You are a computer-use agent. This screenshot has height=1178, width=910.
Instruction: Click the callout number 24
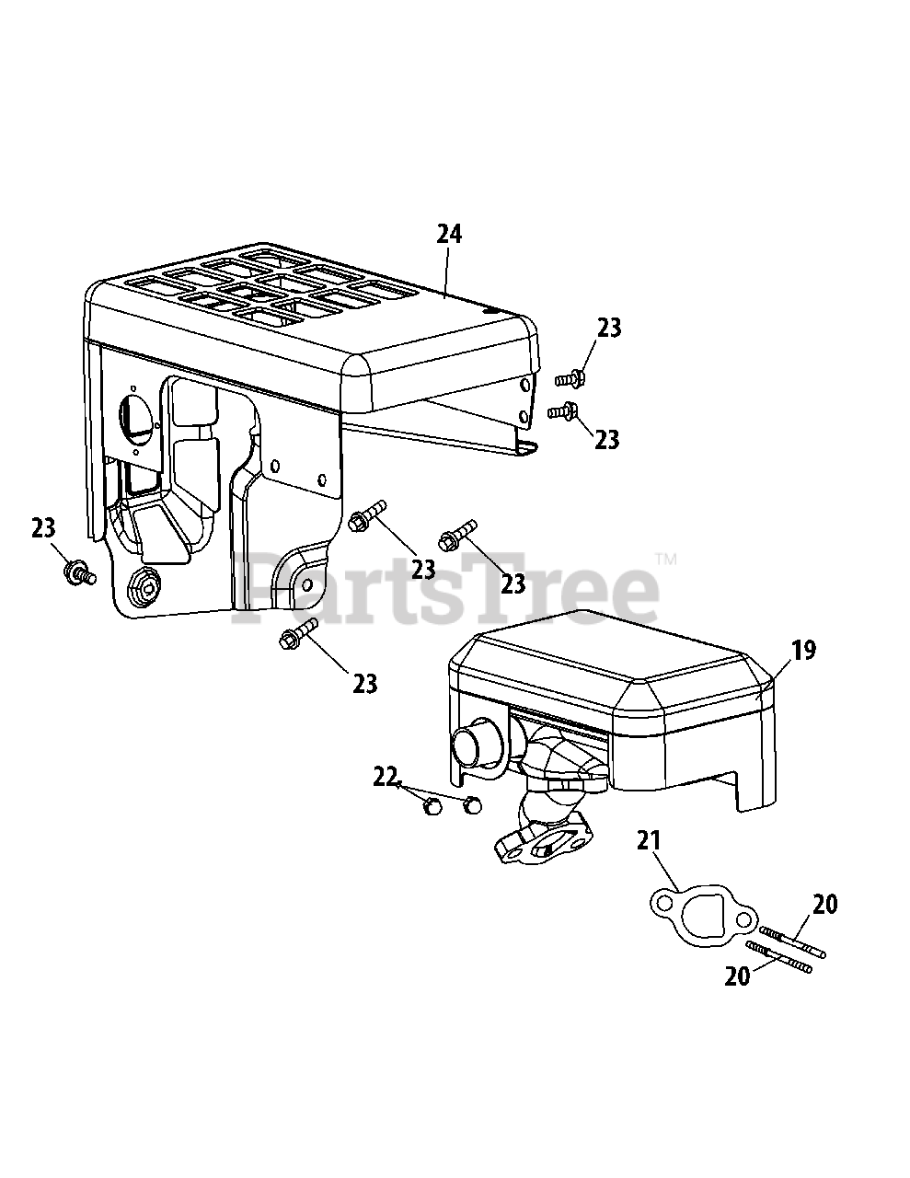point(448,234)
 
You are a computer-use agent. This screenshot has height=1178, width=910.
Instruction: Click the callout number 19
point(802,651)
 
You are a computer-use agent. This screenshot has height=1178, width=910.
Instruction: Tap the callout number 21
point(650,840)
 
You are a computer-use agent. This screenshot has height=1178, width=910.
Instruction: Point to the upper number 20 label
point(824,905)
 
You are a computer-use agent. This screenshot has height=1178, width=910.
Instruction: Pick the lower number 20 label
point(738,976)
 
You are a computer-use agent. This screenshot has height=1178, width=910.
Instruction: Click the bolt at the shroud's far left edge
point(76,572)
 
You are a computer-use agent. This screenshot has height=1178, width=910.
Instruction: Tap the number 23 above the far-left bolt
point(43,528)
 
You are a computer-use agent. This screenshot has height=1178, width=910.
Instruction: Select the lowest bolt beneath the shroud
point(297,633)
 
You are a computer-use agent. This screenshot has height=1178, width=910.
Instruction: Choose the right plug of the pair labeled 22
point(472,805)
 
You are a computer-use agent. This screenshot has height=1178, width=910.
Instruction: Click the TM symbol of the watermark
point(665,559)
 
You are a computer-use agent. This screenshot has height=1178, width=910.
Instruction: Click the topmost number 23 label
point(608,328)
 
